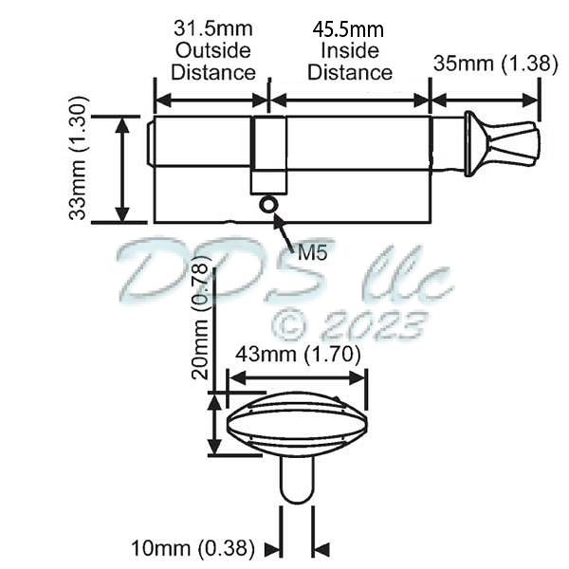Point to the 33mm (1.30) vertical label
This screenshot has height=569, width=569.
79,157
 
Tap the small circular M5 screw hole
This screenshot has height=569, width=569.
268,203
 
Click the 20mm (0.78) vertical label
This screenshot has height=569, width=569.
200,321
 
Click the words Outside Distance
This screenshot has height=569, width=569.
212,62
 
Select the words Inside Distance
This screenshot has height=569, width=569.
350,62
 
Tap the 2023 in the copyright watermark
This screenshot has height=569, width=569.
372,325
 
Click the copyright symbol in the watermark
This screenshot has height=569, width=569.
289,325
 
